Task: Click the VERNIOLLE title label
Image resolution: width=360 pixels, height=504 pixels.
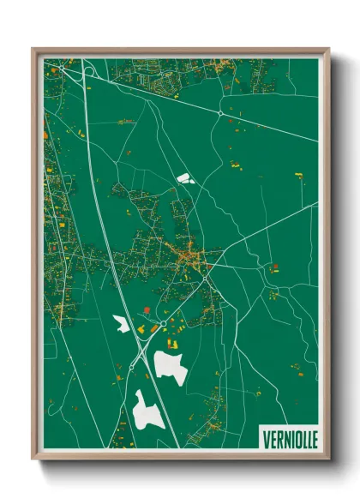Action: (x=287, y=438)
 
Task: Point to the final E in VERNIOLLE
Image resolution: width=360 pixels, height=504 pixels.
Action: (x=313, y=438)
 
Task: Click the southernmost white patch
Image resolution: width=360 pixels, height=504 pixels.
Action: (x=147, y=410)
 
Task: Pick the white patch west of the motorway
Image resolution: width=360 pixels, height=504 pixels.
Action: (x=121, y=325)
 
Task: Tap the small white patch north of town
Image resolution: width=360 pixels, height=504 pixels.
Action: (x=184, y=179)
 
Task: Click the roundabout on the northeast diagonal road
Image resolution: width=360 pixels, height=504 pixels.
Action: (x=221, y=113)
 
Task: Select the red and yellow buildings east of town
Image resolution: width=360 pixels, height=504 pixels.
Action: (x=274, y=268)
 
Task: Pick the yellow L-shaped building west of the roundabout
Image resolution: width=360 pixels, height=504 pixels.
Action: (x=156, y=328)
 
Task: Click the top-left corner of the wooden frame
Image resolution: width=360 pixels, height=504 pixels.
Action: (x=33, y=50)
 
